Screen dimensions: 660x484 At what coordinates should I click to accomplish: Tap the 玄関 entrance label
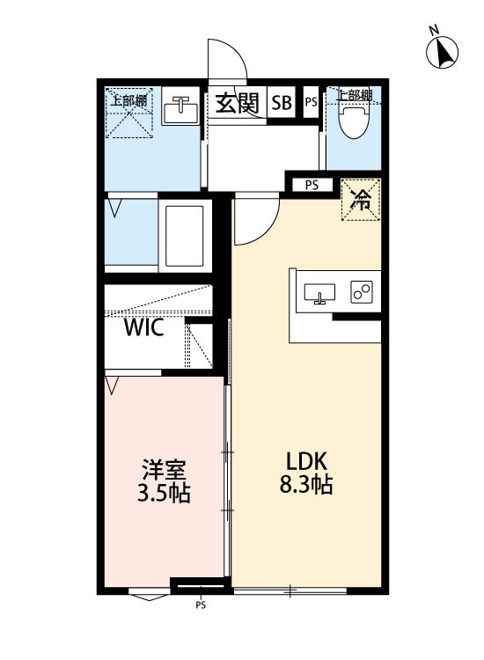(x=235, y=103)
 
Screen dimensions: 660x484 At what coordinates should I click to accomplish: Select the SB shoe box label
(x=281, y=103)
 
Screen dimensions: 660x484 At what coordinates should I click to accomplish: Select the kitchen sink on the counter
(x=319, y=294)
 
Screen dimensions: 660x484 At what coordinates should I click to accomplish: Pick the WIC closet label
(x=143, y=329)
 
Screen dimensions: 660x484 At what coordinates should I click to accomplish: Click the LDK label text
(x=306, y=460)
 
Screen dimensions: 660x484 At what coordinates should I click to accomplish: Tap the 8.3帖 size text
(x=306, y=485)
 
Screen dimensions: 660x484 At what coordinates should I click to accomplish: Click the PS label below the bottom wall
(x=201, y=605)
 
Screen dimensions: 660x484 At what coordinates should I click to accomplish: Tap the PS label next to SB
(x=311, y=103)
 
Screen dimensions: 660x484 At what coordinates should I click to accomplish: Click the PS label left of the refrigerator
(x=312, y=185)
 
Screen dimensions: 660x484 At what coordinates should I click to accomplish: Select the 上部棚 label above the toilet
(x=355, y=94)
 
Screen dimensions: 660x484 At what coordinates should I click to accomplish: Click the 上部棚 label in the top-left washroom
(x=128, y=99)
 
